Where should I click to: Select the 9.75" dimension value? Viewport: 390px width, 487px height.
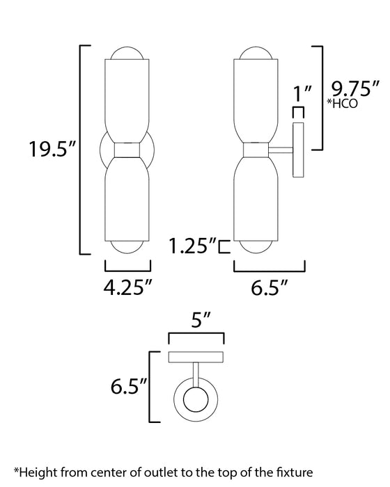(x=354, y=90)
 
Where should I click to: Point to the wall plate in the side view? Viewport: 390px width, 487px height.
(x=299, y=150)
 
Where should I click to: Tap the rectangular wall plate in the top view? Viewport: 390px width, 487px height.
(x=197, y=357)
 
